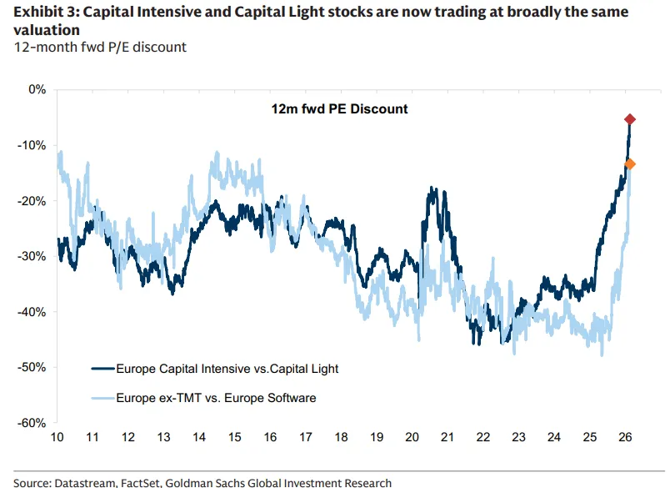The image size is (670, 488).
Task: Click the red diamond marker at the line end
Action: pos(630,120)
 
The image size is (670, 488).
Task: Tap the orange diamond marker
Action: pos(630,164)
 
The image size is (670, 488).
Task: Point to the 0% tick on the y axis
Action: pos(37,89)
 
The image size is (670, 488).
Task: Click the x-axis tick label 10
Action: pos(57,437)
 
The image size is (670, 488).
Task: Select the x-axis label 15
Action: pos(235,437)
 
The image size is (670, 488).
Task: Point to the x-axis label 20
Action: pos(412,437)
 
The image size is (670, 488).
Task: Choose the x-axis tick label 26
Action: pos(624,437)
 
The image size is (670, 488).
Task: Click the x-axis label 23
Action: pos(518,437)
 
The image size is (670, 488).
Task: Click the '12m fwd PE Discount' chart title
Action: pos(339,109)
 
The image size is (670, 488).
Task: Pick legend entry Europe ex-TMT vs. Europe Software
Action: pos(216,398)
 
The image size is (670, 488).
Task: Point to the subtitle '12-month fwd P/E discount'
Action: pos(99,48)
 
